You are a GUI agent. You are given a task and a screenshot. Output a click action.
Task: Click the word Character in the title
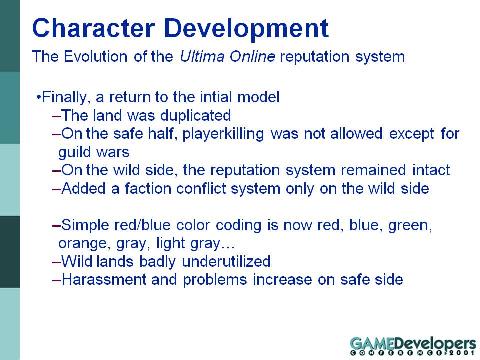93,28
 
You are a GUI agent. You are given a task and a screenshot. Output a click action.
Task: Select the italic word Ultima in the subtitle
202,56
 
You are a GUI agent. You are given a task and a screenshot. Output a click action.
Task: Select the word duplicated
195,116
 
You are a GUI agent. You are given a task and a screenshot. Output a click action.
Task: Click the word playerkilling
223,134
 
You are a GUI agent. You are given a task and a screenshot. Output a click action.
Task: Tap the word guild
73,152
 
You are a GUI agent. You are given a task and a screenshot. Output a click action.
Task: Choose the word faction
147,189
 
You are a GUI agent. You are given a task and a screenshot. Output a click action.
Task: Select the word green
410,226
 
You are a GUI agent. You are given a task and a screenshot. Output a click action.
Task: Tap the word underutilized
226,261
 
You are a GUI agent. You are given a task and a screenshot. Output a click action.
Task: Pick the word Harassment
104,280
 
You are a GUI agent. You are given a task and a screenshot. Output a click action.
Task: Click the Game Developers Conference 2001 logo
413,346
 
